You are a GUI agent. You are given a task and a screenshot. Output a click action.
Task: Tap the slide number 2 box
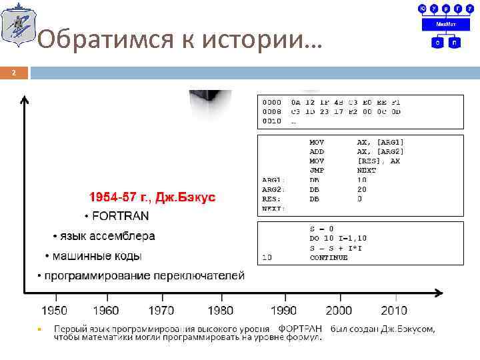coord(14,72)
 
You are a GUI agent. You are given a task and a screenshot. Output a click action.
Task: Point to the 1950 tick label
coord(54,311)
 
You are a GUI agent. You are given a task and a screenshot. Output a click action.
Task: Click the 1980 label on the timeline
coord(220,311)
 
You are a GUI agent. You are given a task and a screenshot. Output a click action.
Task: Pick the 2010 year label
coord(394,311)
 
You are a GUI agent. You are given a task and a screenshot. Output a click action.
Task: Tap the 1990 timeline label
coord(285,311)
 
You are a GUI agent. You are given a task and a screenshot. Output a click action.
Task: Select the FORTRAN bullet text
coord(121,216)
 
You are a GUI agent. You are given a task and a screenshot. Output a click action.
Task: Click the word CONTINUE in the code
coord(329,257)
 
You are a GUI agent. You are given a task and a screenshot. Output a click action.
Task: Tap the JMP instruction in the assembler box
coord(317,170)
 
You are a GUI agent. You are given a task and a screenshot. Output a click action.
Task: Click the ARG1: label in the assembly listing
coord(273,180)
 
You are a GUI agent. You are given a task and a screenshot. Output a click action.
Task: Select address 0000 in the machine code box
coord(271,103)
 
